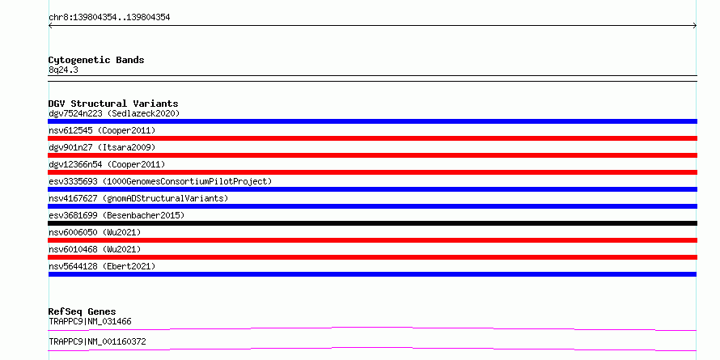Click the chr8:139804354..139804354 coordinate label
click(109, 18)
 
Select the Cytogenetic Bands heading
click(96, 60)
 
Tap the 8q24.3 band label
click(63, 70)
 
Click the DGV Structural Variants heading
click(113, 104)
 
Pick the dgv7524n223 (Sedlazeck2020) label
click(114, 113)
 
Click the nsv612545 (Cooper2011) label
click(102, 130)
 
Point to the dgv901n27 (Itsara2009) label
click(102, 147)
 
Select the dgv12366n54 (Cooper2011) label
click(107, 164)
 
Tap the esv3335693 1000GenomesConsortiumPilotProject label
click(160, 181)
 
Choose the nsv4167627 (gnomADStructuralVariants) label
click(138, 198)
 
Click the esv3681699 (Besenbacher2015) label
click(116, 215)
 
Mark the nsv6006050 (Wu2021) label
click(95, 232)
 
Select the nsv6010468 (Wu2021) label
click(95, 249)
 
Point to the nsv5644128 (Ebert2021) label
click(102, 266)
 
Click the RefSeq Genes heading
click(83, 311)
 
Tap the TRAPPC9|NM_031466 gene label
click(90, 321)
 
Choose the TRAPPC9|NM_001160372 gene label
click(97, 341)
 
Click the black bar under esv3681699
click(372, 223)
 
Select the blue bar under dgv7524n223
click(372, 121)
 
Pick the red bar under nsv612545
click(372, 138)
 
